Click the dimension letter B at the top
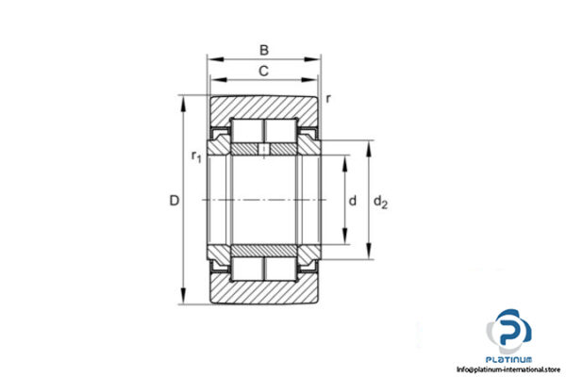tap(264, 51)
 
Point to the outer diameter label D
tap(173, 201)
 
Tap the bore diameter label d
tap(352, 201)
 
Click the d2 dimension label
tap(379, 201)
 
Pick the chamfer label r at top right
tap(328, 98)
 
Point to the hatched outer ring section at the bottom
tap(264, 293)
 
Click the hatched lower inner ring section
tap(264, 251)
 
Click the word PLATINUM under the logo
tap(511, 359)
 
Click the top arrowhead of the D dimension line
tap(182, 99)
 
